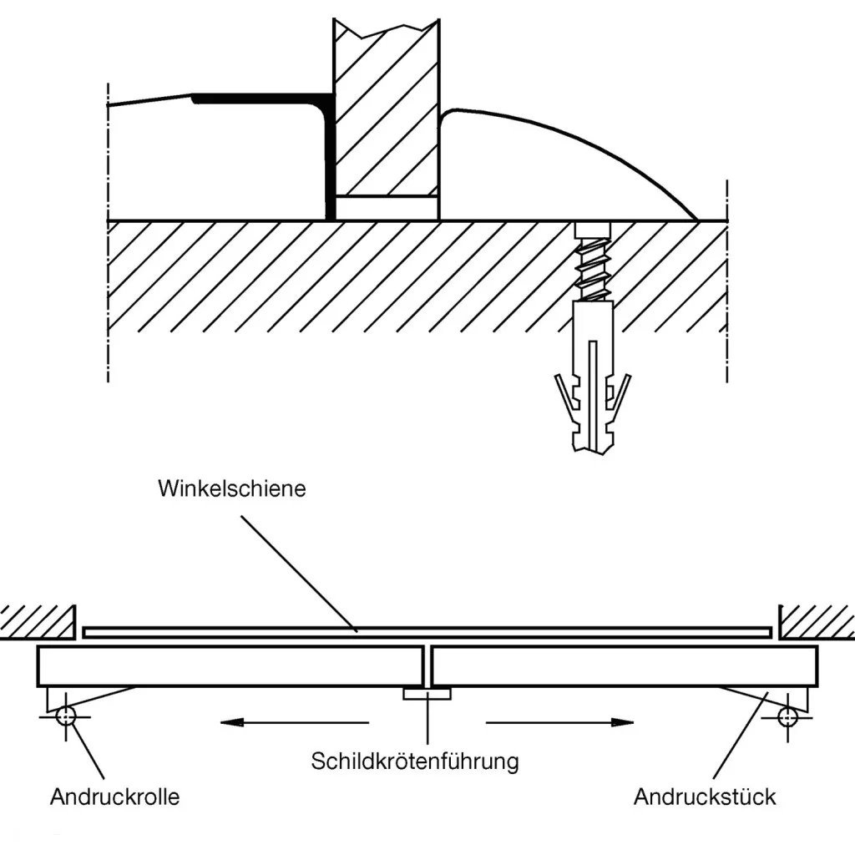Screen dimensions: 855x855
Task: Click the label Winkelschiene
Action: [232, 488]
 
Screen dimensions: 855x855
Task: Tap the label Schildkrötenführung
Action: [415, 761]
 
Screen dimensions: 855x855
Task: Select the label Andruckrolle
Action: [114, 797]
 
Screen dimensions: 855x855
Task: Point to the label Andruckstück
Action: [705, 797]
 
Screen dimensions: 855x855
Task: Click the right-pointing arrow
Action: [559, 722]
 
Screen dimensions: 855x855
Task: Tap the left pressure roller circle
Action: [64, 716]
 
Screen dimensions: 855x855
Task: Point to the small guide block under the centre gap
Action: [427, 693]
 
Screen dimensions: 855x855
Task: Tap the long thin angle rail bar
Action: [426, 632]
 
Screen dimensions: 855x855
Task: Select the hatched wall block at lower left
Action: [38, 620]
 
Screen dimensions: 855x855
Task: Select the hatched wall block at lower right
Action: [817, 620]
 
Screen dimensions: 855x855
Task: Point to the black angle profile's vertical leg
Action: [330, 159]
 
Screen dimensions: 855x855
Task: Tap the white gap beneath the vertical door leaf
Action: [387, 209]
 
